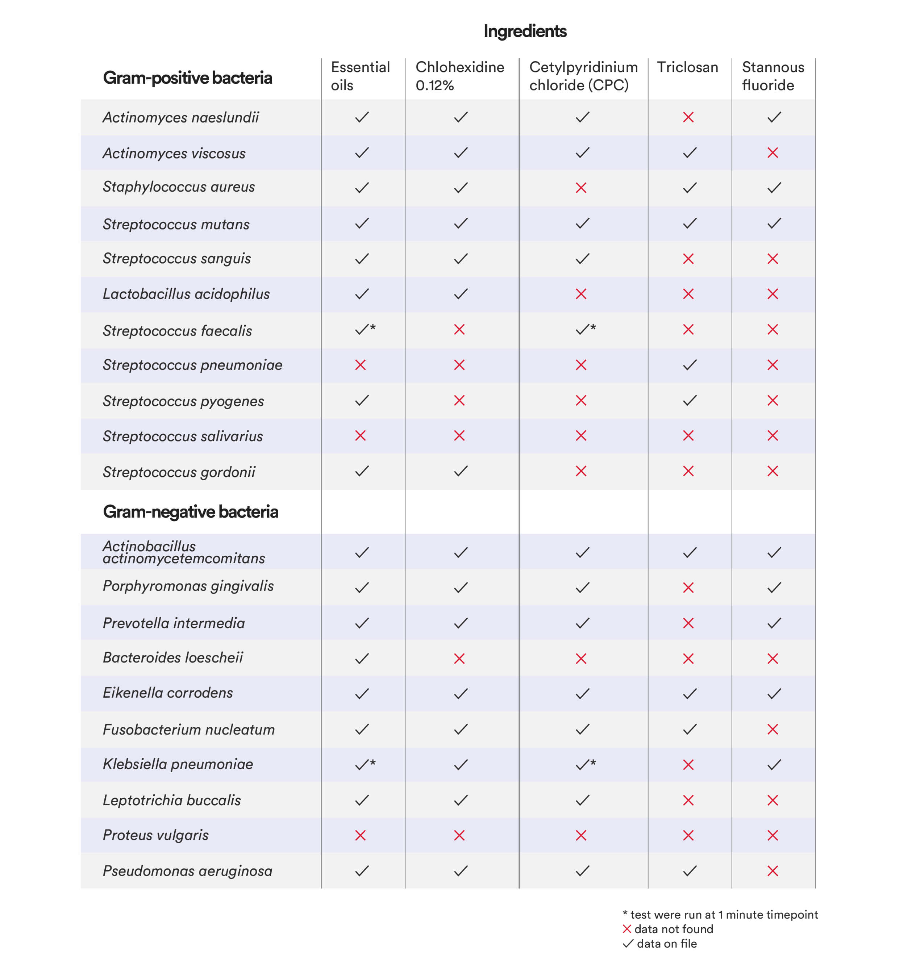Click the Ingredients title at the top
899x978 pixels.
pos(525,31)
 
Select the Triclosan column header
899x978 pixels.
pos(687,67)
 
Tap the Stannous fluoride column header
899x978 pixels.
pos(773,76)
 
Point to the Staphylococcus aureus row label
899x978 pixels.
pos(179,187)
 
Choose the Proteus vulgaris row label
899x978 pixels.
pos(156,835)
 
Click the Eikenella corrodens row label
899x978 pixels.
pos(168,693)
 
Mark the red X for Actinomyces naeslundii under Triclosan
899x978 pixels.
pos(688,117)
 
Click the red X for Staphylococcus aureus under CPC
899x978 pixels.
pos(581,188)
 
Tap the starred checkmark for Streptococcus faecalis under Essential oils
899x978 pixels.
pos(365,329)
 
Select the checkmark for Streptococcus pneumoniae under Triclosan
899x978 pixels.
pos(689,365)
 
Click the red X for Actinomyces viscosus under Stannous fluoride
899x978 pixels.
pos(773,153)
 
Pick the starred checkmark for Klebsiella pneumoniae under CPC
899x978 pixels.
pos(585,765)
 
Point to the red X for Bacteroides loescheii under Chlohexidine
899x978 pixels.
pos(459,659)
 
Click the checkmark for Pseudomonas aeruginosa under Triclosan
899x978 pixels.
pos(689,870)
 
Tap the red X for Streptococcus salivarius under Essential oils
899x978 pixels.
pos(361,435)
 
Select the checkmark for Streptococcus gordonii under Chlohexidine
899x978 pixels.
pos(461,471)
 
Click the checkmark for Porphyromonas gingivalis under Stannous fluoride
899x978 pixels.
pos(774,588)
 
